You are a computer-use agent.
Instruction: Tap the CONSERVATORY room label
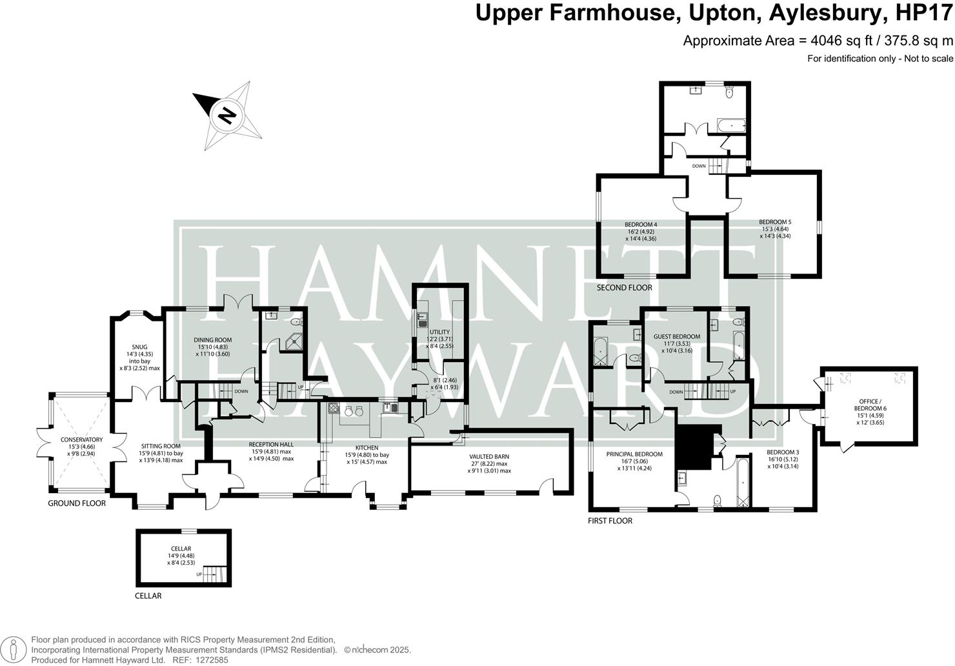click(x=81, y=439)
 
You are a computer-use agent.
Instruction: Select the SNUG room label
click(x=139, y=347)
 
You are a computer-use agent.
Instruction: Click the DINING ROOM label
click(x=213, y=340)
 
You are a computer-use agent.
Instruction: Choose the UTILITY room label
click(x=439, y=332)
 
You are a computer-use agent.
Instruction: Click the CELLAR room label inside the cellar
click(x=181, y=549)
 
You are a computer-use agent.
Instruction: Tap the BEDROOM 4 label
click(x=641, y=225)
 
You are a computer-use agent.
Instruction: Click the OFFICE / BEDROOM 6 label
click(x=869, y=405)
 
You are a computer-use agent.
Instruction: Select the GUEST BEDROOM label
click(x=677, y=336)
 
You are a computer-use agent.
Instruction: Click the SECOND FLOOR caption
click(x=624, y=288)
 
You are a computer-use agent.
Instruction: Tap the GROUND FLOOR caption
click(x=77, y=503)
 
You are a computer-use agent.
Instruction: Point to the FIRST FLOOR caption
click(x=610, y=521)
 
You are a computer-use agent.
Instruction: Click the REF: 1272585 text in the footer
click(x=200, y=660)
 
